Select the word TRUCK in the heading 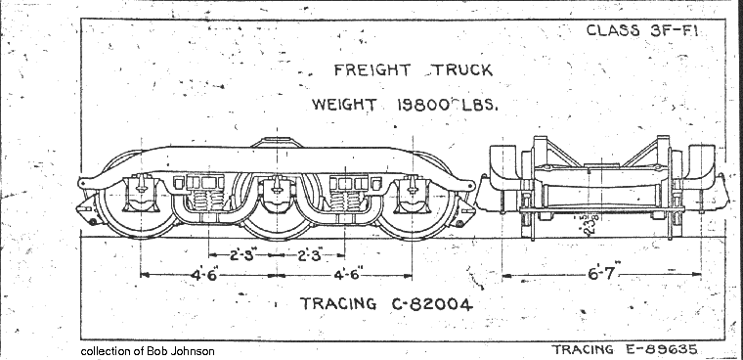tap(459, 70)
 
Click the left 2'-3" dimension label tap(244, 256)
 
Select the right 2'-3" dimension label tap(312, 256)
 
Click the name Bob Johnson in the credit tap(181, 350)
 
